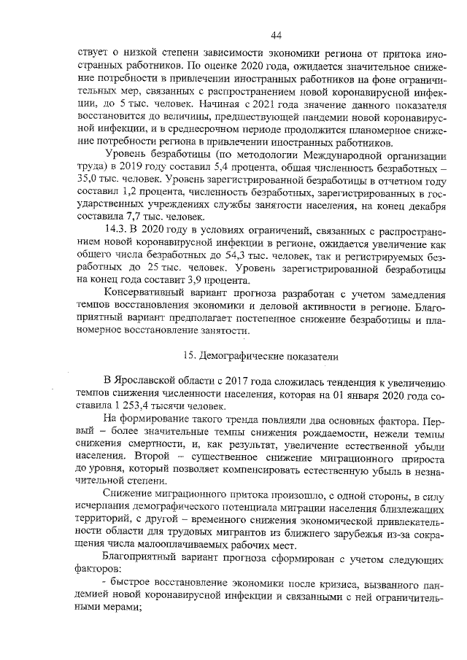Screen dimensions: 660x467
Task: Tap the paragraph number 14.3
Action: coord(117,230)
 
